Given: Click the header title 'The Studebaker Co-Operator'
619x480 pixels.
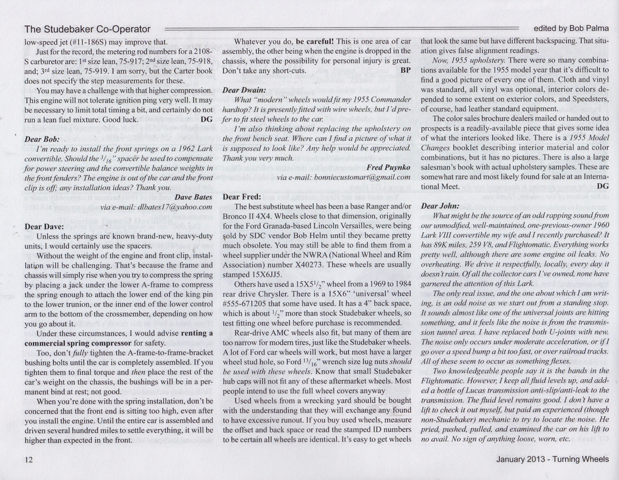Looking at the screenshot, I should click(87, 29).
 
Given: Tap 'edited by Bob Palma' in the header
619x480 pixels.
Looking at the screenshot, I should click(571, 28).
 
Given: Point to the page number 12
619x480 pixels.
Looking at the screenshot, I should click(29, 460).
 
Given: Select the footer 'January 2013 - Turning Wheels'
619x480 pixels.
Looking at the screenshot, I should click(552, 459).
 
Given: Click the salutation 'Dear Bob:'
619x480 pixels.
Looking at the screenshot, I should click(42, 139).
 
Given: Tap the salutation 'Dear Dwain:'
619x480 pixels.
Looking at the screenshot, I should click(244, 90).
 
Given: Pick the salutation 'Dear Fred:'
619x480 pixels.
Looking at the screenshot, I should click(241, 197).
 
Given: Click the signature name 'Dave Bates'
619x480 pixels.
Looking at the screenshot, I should click(193, 197).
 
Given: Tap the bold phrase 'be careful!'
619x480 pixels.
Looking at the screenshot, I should click(316, 41).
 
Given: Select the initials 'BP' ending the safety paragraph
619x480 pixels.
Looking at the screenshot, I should click(405, 70).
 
